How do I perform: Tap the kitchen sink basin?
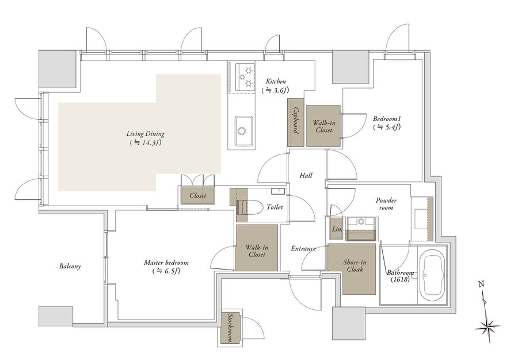[244, 131]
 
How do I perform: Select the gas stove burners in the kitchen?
[245, 77]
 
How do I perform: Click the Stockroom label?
[230, 328]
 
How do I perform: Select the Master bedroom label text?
[166, 267]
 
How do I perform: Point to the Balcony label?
[70, 266]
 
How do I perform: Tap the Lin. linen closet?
[337, 229]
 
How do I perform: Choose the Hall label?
[306, 175]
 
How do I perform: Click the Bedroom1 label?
[387, 122]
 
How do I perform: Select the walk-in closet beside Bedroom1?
[323, 126]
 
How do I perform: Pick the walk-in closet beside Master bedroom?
[256, 248]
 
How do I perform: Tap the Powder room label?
[386, 204]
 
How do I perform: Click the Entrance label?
[303, 248]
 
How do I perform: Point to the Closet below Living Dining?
[197, 195]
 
